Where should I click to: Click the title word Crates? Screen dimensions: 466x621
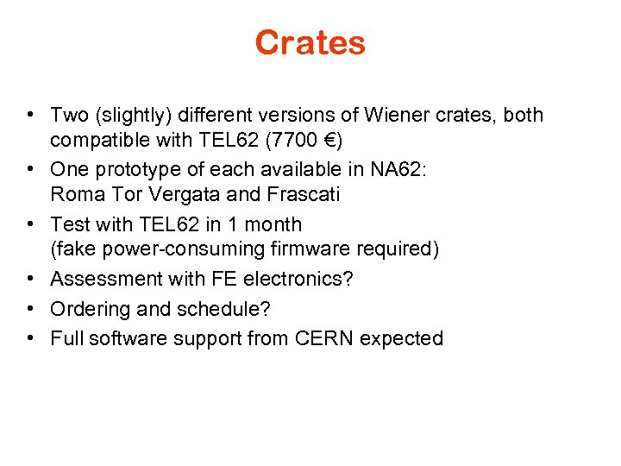point(310,42)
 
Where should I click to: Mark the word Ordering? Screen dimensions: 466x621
point(86,309)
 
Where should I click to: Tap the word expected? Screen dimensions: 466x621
point(401,338)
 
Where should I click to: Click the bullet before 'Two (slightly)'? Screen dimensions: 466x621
point(30,115)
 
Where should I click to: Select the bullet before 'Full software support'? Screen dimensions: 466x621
point(30,338)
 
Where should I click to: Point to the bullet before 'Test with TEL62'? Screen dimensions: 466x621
point(30,224)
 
